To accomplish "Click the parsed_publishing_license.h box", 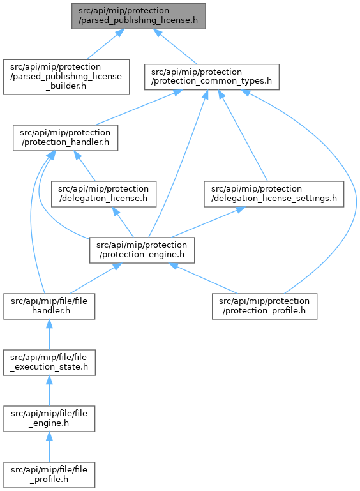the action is click(x=139, y=17).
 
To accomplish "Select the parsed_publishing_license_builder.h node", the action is click(x=66, y=77).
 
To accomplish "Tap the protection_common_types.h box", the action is click(x=212, y=77).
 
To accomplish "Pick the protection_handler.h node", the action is click(x=66, y=138).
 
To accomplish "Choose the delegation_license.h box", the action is click(x=103, y=194).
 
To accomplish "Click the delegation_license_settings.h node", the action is click(x=274, y=194).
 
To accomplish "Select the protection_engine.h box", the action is click(x=142, y=250).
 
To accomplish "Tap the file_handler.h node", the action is click(x=49, y=306).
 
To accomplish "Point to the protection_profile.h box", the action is click(x=264, y=306).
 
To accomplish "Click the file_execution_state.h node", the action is click(x=49, y=362).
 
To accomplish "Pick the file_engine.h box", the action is click(x=49, y=419).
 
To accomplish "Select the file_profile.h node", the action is click(x=49, y=474).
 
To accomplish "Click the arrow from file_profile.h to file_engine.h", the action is click(x=49, y=447).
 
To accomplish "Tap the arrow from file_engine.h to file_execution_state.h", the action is click(x=49, y=391).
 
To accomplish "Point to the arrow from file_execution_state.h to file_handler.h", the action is click(x=49, y=335).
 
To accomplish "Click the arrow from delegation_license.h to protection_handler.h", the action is click(x=84, y=165).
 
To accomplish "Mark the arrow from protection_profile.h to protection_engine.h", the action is click(x=203, y=278).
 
